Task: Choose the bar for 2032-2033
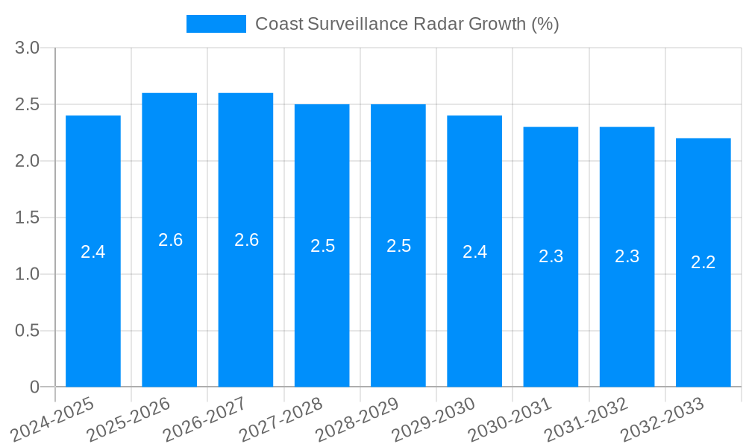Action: click(x=703, y=313)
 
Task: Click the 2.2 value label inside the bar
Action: click(x=703, y=262)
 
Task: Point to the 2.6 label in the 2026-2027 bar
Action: click(x=246, y=240)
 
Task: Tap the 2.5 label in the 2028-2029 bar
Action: click(x=398, y=246)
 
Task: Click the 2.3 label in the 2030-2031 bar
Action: click(x=551, y=256)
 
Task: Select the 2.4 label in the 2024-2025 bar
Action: click(x=93, y=252)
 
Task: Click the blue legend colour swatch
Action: click(x=216, y=24)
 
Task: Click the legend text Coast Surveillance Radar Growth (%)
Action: click(x=407, y=24)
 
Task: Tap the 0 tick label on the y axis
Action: click(x=34, y=387)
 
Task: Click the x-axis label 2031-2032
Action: click(x=586, y=419)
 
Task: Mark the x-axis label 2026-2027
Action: click(x=205, y=419)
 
